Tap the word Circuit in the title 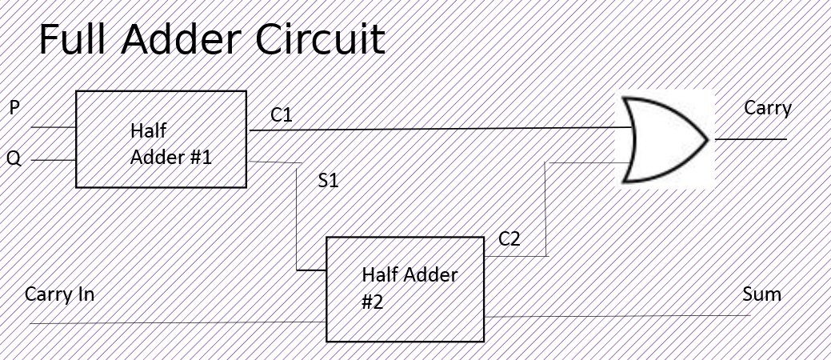323,40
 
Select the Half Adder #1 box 161,139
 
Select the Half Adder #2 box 405,289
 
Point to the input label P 14,107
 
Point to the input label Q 14,158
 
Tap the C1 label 282,115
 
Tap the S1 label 328,180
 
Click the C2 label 509,238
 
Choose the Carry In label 59,294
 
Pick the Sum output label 761,294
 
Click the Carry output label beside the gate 767,108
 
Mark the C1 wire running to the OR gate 440,128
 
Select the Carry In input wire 176,323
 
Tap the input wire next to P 53,127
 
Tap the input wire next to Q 53,160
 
